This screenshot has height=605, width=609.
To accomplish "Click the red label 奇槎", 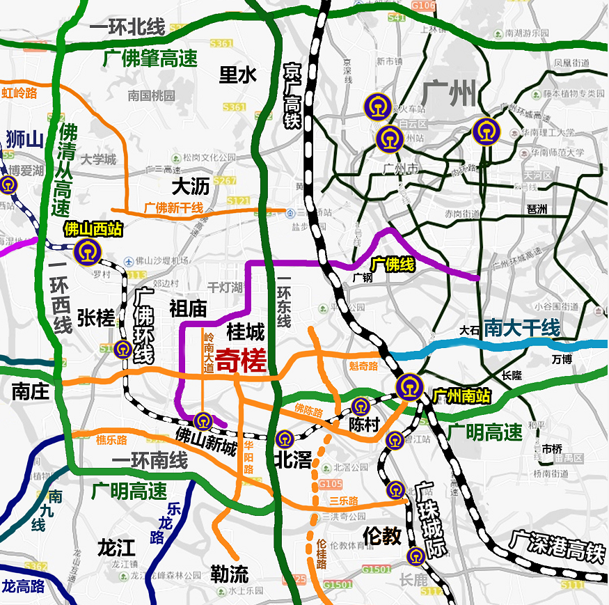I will pos(241,362).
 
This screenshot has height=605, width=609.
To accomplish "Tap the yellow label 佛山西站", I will pos(93,229).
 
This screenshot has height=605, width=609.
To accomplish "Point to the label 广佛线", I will pos(392,265).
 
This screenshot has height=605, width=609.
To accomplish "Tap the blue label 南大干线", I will pos(523,328).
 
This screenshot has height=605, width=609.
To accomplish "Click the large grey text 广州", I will pos(449,93).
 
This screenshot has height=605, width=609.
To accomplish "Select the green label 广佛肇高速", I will pos(150,58).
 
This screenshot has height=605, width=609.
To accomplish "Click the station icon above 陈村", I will pos(360,407).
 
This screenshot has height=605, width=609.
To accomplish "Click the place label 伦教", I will pos(382,535).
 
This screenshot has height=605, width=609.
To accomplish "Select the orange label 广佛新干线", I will pos(173,207).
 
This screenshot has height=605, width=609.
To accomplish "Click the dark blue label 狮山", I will pos(24,139).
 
